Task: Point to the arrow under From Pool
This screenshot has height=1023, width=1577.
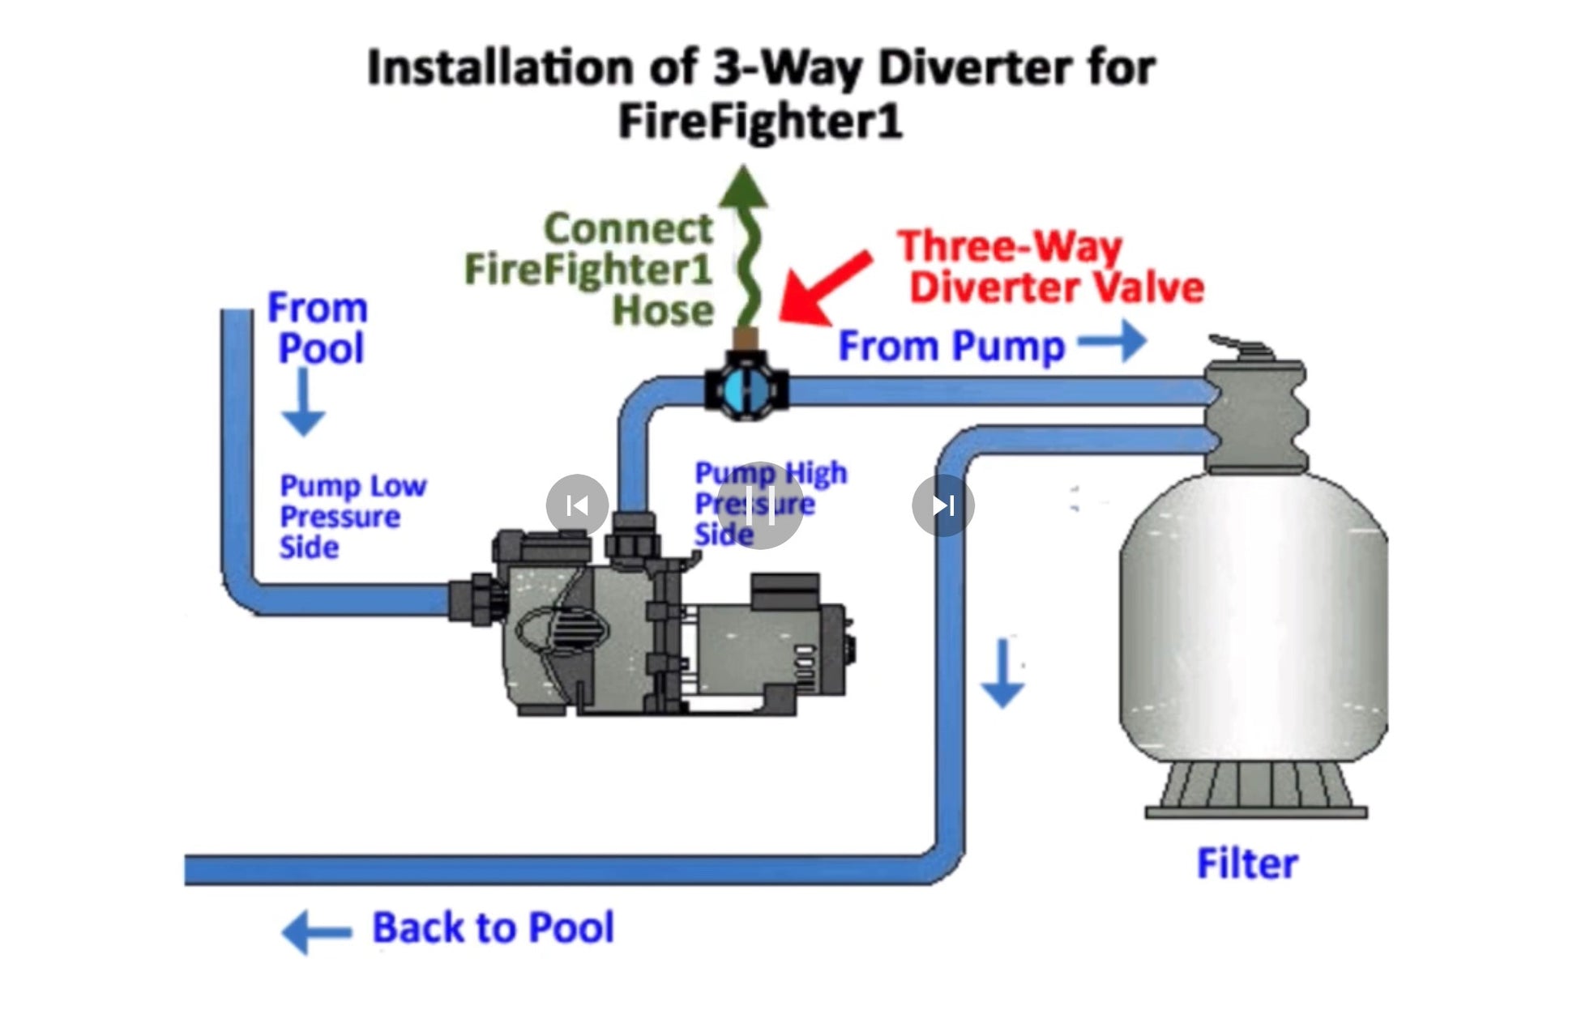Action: [303, 402]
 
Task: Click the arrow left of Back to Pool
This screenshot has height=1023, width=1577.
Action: [316, 931]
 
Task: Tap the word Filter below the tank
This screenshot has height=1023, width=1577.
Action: [1246, 863]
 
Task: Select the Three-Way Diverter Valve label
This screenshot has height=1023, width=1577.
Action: [1049, 267]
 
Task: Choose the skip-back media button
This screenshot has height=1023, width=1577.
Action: [577, 505]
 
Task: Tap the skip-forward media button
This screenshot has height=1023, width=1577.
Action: [942, 505]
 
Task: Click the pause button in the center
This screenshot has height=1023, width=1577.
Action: [759, 505]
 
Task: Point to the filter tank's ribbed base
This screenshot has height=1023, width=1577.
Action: [1254, 791]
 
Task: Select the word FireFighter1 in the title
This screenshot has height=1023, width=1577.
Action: [759, 121]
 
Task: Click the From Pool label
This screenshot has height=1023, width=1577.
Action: [318, 328]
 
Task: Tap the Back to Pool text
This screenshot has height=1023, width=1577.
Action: [493, 928]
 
